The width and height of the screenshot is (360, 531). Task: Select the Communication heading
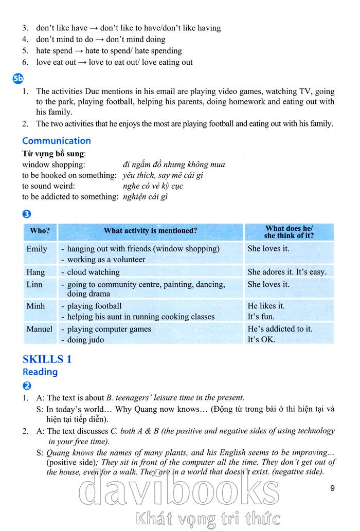pyautogui.click(x=57, y=141)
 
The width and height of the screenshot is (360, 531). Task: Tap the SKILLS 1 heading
pyautogui.click(x=47, y=359)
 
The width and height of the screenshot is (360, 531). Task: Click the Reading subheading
pyautogui.click(x=40, y=372)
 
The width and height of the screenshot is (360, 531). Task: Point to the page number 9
pyautogui.click(x=332, y=488)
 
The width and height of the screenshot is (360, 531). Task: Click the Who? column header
pyautogui.click(x=40, y=231)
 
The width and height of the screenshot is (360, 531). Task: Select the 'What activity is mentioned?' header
pyautogui.click(x=150, y=231)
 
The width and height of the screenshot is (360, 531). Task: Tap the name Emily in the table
pyautogui.click(x=37, y=249)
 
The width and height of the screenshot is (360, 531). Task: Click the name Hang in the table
pyautogui.click(x=35, y=272)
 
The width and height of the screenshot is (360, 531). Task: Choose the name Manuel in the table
pyautogui.click(x=39, y=329)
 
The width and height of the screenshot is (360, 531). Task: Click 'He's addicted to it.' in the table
pyautogui.click(x=280, y=329)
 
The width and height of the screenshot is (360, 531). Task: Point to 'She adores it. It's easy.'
pyautogui.click(x=287, y=272)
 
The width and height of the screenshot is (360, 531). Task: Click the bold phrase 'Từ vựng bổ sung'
pyautogui.click(x=53, y=154)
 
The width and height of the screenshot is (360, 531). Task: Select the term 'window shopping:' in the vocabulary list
pyautogui.click(x=53, y=164)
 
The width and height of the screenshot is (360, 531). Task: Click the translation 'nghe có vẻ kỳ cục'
pyautogui.click(x=153, y=186)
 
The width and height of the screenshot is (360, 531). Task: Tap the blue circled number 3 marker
pyautogui.click(x=27, y=214)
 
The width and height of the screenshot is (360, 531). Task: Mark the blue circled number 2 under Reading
pyautogui.click(x=27, y=386)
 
